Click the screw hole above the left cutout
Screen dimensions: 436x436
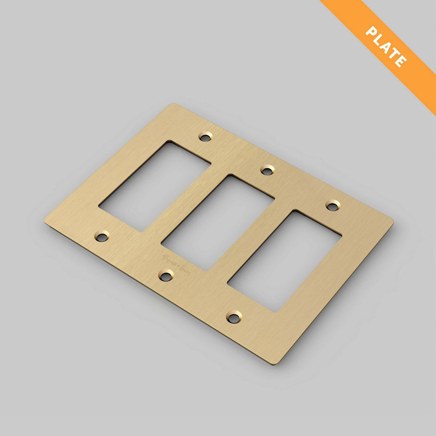pos(205,137)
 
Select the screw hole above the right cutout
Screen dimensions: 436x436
pos(332,205)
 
